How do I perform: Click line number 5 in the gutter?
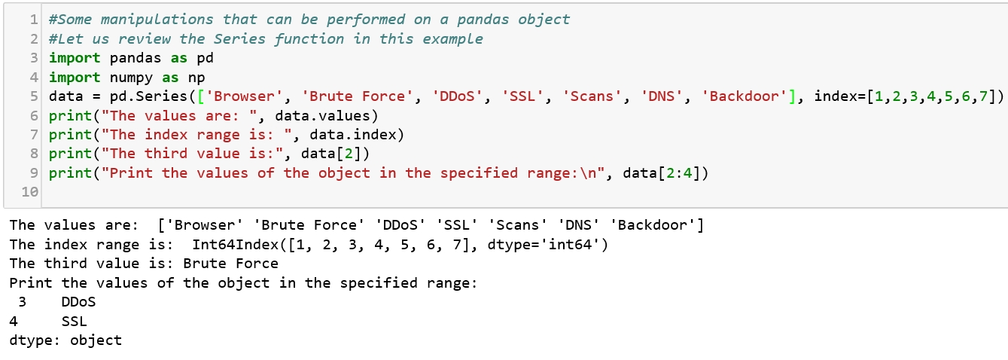coord(35,96)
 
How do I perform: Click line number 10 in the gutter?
coord(30,193)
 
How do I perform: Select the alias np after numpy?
coord(197,78)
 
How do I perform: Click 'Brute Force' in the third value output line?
coord(231,264)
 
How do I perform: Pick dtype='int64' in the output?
coord(553,244)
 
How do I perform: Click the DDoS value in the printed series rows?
coord(79,302)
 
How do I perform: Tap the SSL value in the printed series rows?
coord(75,322)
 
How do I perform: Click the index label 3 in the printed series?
coord(22,302)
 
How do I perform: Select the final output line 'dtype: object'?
coord(65,340)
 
